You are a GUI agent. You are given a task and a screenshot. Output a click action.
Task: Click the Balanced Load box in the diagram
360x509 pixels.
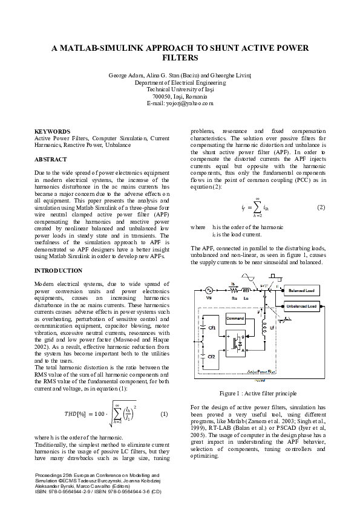[x=301, y=291]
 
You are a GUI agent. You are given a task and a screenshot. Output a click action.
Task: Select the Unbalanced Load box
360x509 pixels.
[x=301, y=306]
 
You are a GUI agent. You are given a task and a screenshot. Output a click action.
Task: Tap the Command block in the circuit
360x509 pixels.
[x=235, y=318]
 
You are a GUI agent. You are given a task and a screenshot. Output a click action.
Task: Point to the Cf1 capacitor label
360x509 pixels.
[x=212, y=328]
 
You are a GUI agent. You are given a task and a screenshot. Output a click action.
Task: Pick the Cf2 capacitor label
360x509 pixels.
[x=211, y=357]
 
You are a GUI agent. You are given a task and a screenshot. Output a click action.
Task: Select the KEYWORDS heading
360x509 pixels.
[x=52, y=131]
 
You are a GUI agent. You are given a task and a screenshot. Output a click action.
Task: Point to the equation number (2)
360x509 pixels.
[x=321, y=207]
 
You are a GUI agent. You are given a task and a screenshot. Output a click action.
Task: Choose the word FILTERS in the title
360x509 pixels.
[x=180, y=59]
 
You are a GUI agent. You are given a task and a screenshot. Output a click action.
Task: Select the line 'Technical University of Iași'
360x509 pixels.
[x=180, y=89]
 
